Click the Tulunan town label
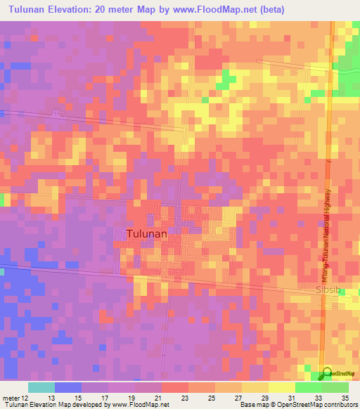pos(147,234)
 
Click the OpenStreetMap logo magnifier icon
pos(326,375)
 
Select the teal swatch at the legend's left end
pos(41,387)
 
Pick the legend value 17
pos(108,398)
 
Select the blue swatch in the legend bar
pos(67,387)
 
